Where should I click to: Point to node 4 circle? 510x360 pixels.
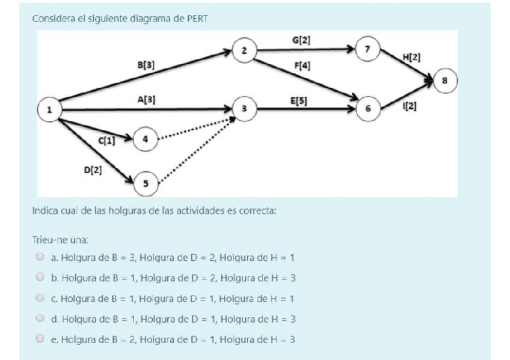coord(144,139)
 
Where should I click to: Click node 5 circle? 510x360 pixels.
coord(144,182)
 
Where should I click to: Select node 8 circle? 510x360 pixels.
coord(446,80)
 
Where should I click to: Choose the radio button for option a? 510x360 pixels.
coord(40,257)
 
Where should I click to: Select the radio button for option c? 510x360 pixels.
coord(40,297)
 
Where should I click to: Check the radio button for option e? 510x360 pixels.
coord(40,338)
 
